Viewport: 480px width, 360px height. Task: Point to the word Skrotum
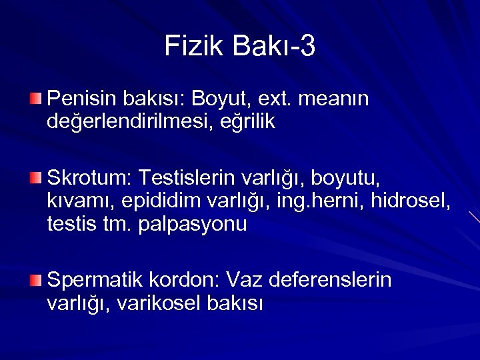pos(89,178)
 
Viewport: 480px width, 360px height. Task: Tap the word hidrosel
pos(415,201)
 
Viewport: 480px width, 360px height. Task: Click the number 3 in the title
pos(307,47)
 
